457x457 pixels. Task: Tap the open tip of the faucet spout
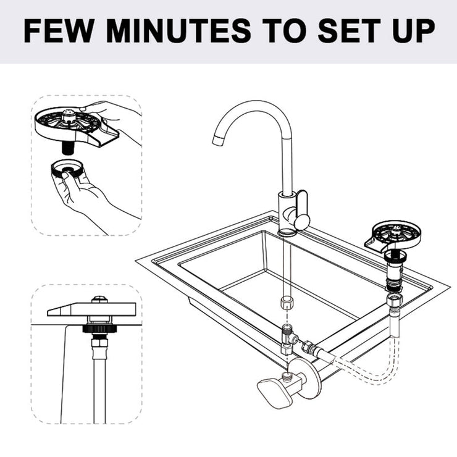pyautogui.click(x=217, y=139)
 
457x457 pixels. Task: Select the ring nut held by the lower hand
pyautogui.click(x=68, y=169)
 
